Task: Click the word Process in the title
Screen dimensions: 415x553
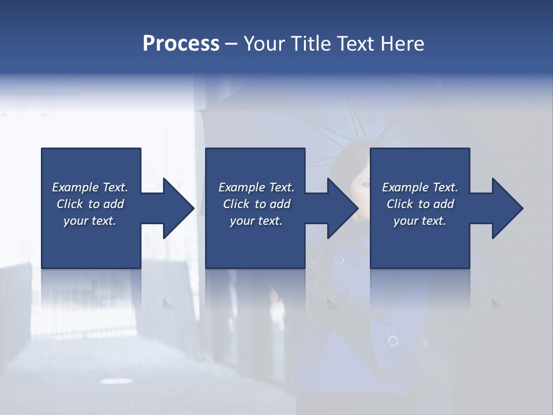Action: pos(181,44)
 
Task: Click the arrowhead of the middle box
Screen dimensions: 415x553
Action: pos(342,208)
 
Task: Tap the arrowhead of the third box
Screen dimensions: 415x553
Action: pos(507,208)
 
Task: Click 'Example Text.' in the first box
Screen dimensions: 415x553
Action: pos(90,187)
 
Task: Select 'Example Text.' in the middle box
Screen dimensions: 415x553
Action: pos(256,187)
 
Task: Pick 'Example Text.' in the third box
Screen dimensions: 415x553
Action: pos(420,187)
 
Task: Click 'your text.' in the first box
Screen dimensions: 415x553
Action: pos(90,221)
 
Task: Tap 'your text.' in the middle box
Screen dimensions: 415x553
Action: pos(256,221)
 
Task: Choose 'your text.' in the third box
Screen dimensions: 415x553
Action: pos(420,221)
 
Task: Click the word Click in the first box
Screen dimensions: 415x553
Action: pos(70,204)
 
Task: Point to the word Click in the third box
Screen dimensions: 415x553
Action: pos(400,204)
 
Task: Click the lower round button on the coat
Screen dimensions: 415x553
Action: pos(393,341)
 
